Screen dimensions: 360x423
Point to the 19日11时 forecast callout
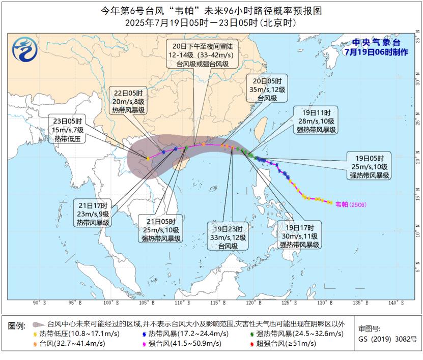[x=316, y=121]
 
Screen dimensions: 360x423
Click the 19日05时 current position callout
[x=369, y=166]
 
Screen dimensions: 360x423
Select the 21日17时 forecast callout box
[x=94, y=214]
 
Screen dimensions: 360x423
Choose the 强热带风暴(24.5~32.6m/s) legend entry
[x=292, y=334]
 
